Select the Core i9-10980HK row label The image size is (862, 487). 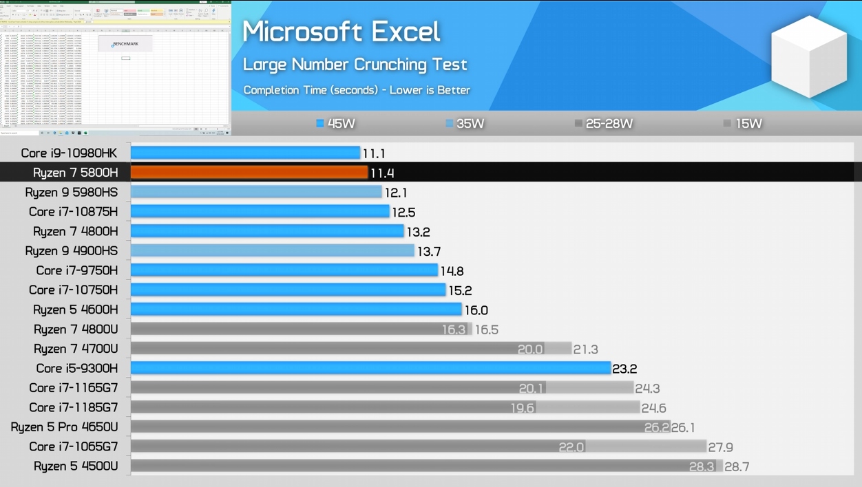69,153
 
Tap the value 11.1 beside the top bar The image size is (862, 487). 374,153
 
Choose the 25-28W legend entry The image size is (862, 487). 604,124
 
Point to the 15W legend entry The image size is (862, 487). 743,124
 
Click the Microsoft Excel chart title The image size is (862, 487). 341,32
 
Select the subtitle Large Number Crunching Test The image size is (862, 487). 355,65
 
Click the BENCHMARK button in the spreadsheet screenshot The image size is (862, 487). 125,44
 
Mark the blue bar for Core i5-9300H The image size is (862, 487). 370,368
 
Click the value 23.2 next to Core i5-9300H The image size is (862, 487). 624,369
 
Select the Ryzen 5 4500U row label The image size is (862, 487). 76,466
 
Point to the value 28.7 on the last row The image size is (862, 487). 737,467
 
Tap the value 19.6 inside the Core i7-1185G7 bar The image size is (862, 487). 523,408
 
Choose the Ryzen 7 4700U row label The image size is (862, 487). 76,349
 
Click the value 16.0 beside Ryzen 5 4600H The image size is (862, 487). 476,310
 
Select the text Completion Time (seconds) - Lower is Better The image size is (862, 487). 357,90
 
